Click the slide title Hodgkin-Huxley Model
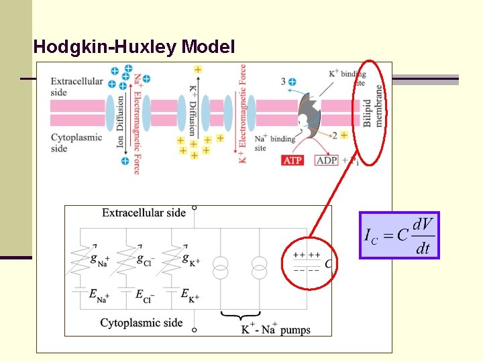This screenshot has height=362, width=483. (134, 47)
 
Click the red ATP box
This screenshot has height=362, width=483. (292, 161)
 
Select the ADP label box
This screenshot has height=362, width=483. (327, 161)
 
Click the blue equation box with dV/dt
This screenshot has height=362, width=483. (399, 235)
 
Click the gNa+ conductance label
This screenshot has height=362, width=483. (100, 261)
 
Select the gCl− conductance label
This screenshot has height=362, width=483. (146, 261)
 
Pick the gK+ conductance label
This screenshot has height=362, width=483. (191, 261)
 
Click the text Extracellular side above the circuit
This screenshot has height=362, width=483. (144, 213)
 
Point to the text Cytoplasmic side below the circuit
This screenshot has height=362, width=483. (142, 323)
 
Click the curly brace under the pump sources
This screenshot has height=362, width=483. (239, 316)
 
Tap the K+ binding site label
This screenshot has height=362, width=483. (347, 78)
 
